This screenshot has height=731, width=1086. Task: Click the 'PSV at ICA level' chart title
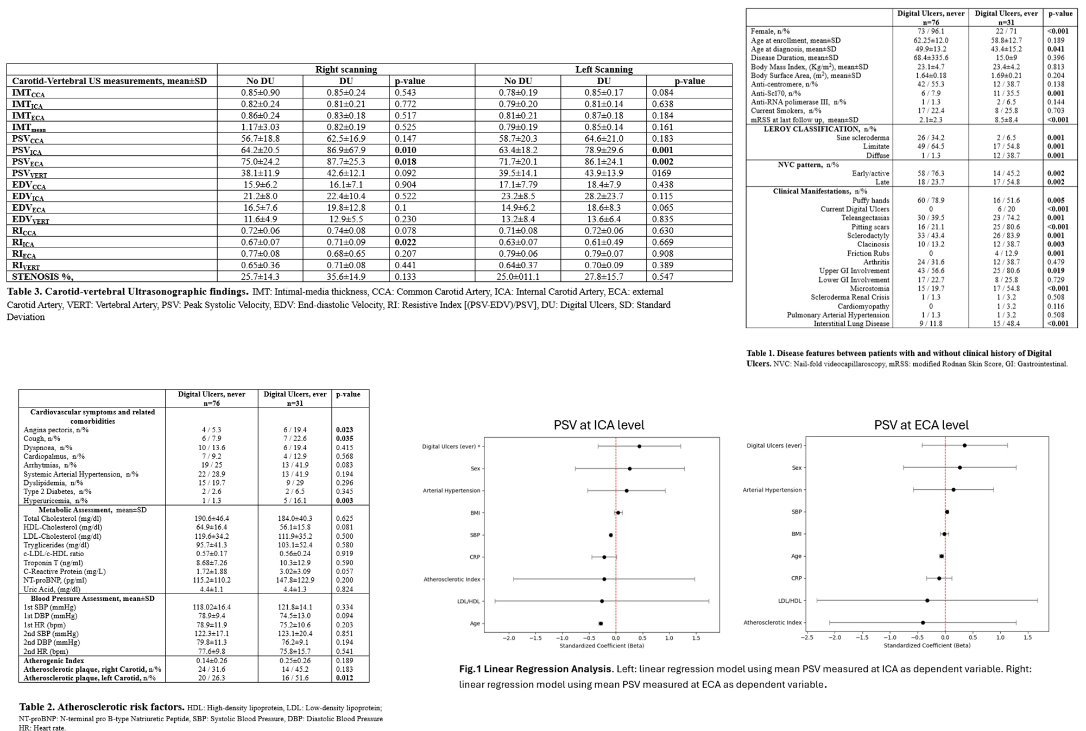coord(599,425)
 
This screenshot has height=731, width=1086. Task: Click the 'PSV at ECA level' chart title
coord(921,425)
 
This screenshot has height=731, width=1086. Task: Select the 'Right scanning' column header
coord(346,70)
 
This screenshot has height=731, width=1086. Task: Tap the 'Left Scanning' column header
coord(604,70)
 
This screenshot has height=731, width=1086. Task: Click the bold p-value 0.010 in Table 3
coord(406,150)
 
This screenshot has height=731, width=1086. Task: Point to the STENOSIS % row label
coord(43,277)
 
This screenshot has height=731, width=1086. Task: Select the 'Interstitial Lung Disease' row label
coord(851,324)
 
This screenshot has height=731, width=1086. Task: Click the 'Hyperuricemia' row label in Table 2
coord(55,501)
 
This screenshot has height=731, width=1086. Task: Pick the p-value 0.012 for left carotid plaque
coord(345,678)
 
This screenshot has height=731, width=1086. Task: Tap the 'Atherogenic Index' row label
coord(54,661)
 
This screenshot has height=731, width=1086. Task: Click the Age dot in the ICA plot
coord(601,623)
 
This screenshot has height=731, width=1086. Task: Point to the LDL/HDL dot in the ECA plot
coord(927,601)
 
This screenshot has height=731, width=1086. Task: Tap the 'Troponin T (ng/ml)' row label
coord(53,563)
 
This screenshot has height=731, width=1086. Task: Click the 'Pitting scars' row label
coord(869,227)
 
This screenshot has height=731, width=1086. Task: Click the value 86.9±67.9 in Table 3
coord(346,150)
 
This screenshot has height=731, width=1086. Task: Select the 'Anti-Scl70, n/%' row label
coord(775,93)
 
